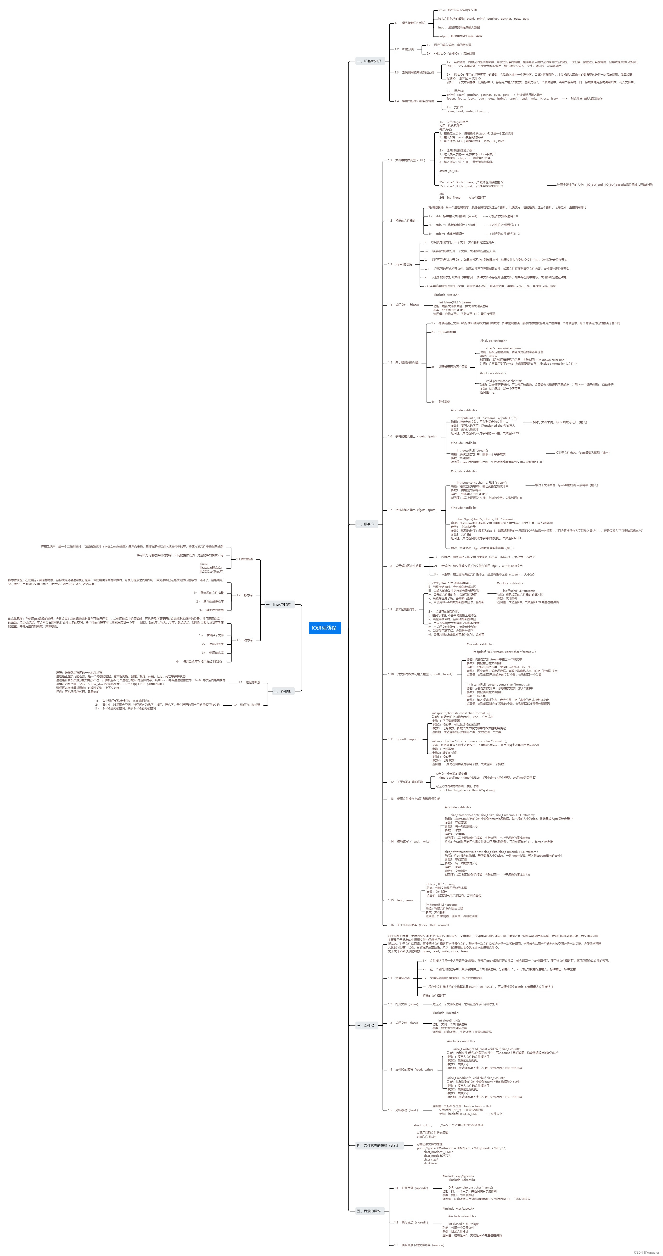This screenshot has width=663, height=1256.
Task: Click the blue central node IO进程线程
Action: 324,627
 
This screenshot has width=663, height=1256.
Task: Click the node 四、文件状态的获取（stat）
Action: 377,1145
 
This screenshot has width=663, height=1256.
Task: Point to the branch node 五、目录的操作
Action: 369,1211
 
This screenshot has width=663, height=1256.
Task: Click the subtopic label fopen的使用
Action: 404,264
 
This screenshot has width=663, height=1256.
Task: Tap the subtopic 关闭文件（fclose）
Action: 407,305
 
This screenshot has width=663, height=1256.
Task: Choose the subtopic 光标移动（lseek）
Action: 406,1110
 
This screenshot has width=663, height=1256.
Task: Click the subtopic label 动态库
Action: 248,640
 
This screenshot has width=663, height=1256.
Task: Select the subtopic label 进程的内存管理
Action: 250,704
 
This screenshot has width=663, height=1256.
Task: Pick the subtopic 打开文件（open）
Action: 406,1004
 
